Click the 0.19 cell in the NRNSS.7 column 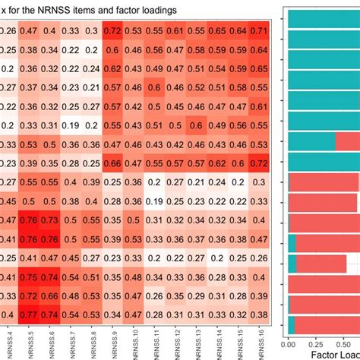pyautogui.click(x=70, y=125)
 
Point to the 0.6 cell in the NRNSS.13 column pyautogui.click(x=195, y=125)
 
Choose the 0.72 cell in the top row pyautogui.click(x=112, y=31)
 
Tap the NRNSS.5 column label pyautogui.click(x=31, y=343)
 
